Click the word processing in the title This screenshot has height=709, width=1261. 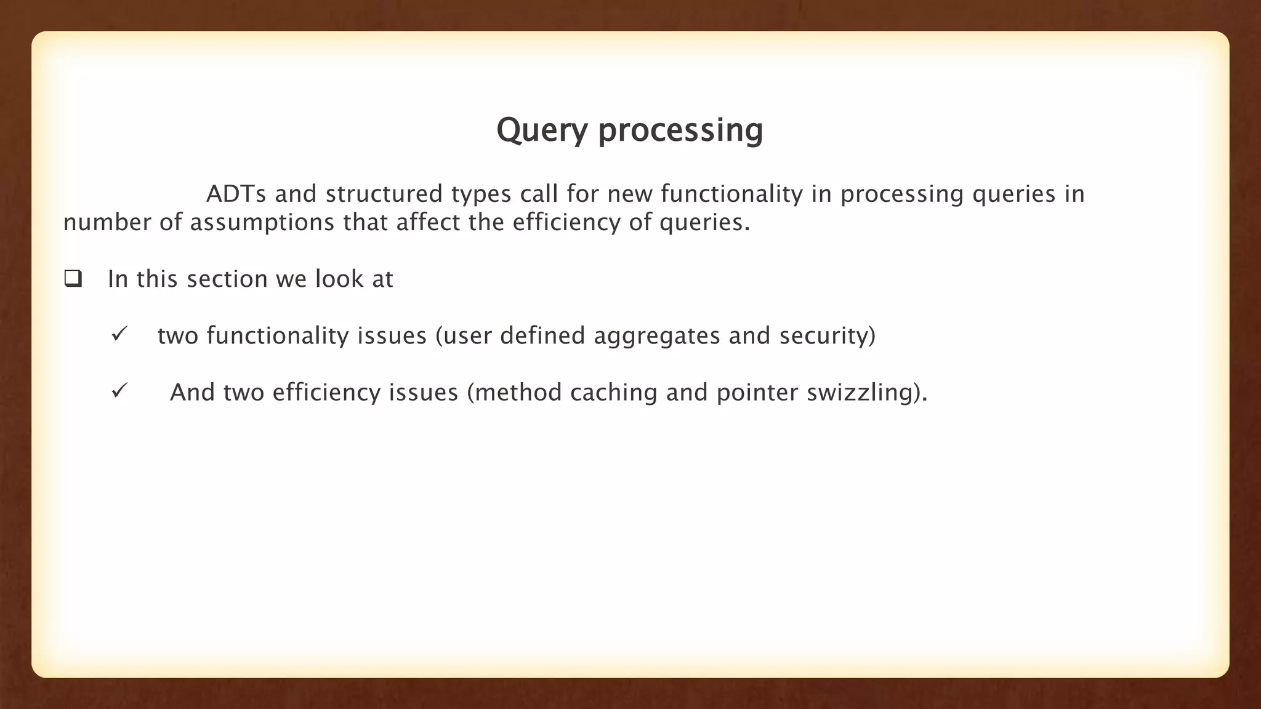point(680,130)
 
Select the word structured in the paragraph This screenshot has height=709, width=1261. point(384,194)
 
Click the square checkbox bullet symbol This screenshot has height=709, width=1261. point(73,279)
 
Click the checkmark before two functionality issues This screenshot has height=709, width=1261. point(119,335)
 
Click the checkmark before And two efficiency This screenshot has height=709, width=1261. point(119,391)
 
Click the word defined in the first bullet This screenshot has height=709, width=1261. point(542,336)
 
